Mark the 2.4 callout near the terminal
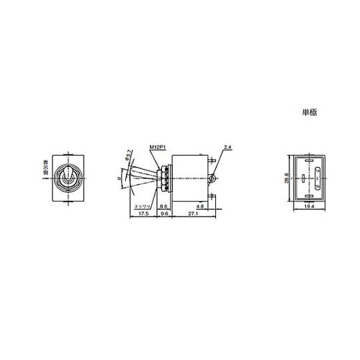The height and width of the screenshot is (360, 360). click(228, 147)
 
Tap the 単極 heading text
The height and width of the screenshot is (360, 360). click(310, 112)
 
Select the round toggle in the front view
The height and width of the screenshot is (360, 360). click(69, 177)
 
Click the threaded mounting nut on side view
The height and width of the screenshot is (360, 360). click(165, 177)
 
